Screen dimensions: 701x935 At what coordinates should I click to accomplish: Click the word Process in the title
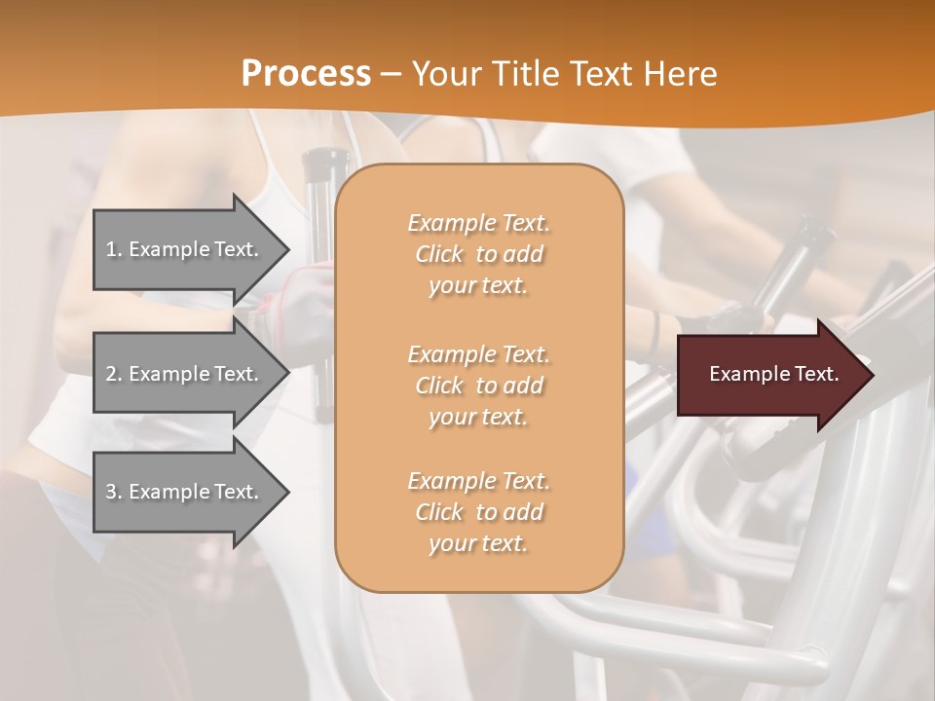coord(306,74)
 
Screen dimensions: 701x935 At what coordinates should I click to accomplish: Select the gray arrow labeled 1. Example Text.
coord(185,249)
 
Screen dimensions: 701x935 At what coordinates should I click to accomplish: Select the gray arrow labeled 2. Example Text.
coord(185,374)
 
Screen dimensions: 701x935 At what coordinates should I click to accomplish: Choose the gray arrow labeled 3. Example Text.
coord(185,492)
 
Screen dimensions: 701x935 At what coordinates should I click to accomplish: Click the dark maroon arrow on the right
coord(769,374)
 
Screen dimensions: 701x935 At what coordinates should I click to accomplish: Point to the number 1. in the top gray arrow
coord(114,249)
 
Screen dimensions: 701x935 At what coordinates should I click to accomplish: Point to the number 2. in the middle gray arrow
coord(114,374)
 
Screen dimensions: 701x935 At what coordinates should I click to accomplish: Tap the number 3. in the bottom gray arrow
coord(114,492)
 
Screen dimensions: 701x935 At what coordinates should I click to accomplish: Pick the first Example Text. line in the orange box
coord(478,223)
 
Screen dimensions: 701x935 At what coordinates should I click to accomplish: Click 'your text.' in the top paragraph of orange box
coord(478,286)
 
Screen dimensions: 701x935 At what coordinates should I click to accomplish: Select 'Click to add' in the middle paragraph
coord(478,386)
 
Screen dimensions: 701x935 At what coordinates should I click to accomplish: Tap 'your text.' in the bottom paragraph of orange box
coord(478,544)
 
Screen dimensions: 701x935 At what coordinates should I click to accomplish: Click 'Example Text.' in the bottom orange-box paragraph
coord(478,481)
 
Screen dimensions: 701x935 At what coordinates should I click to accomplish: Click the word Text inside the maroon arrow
coord(816,374)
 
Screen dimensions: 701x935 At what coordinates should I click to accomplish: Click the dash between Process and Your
coord(392,74)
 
